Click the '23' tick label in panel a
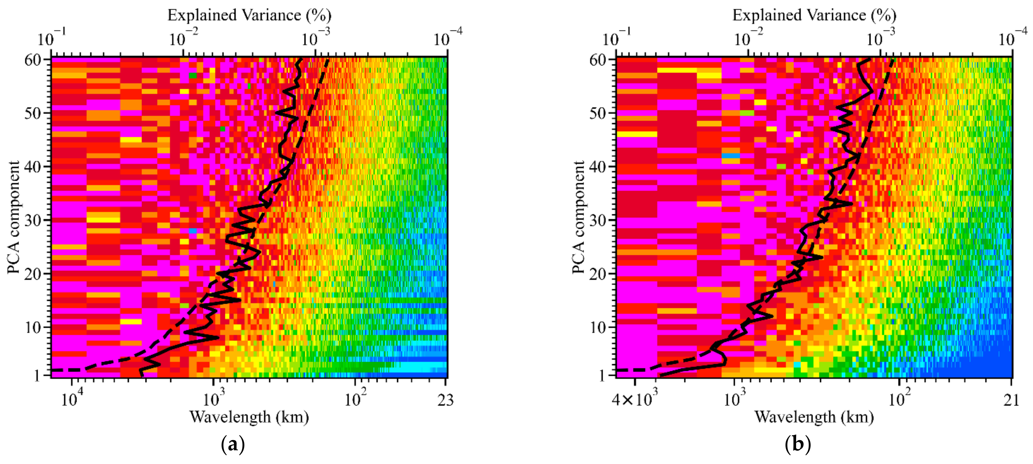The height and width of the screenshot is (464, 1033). pyautogui.click(x=445, y=400)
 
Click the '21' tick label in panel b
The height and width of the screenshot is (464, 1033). pyautogui.click(x=1010, y=400)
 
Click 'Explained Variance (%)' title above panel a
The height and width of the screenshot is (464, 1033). pyautogui.click(x=249, y=15)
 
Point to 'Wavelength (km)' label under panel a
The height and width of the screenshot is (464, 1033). pyautogui.click(x=249, y=417)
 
